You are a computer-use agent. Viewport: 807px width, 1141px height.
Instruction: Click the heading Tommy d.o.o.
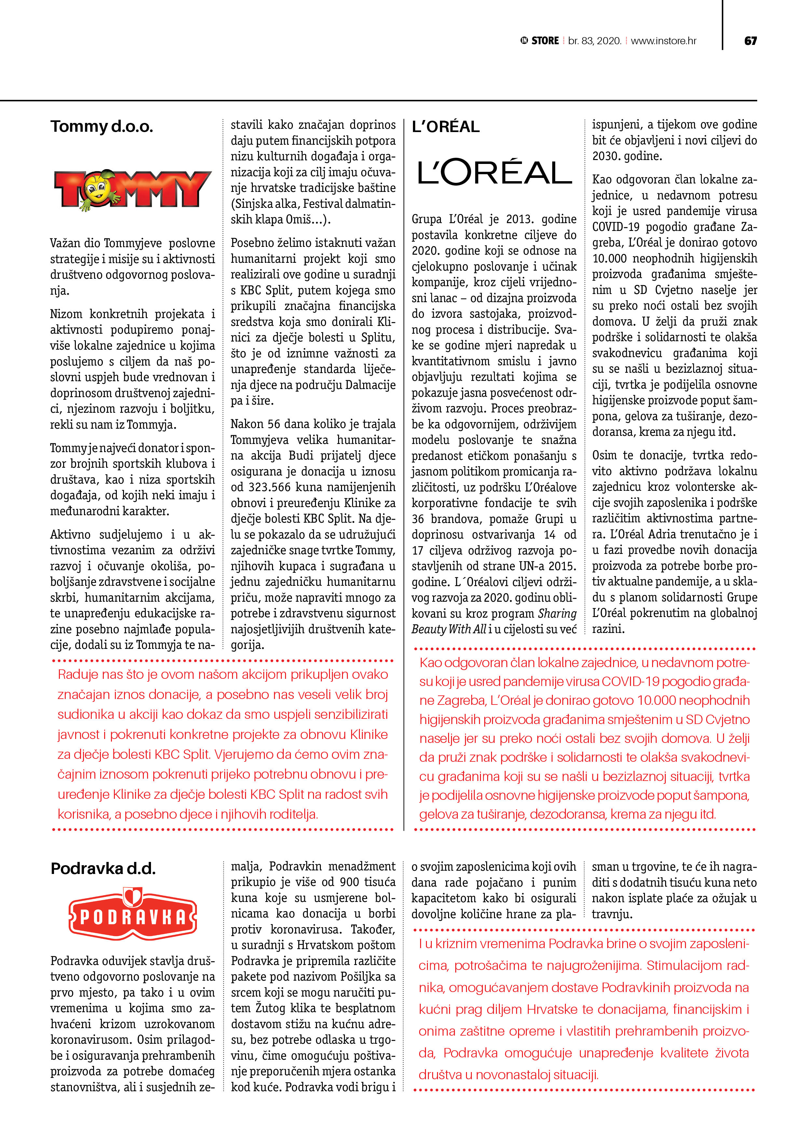(x=102, y=127)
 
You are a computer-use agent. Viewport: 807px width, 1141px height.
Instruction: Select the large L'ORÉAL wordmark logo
(x=494, y=172)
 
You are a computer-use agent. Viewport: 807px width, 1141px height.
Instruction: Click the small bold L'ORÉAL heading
(x=445, y=127)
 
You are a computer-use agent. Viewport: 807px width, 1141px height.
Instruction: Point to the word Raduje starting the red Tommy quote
(x=79, y=675)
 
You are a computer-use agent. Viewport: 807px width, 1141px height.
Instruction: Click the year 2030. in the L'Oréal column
(x=607, y=156)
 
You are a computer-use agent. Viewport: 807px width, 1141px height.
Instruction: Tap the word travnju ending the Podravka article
(x=611, y=914)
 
